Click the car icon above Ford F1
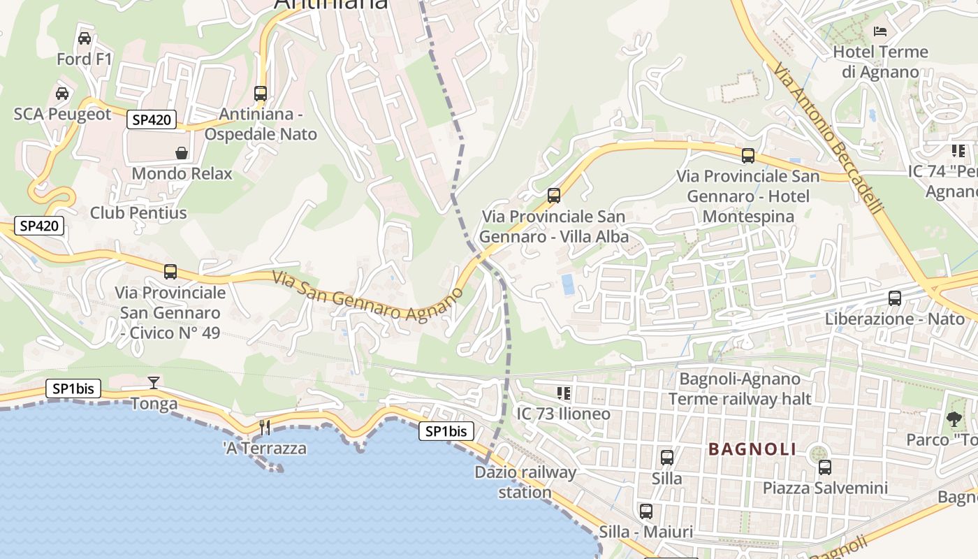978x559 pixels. (85, 38)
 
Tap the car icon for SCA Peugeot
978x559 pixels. (62, 93)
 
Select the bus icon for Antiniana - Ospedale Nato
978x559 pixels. (261, 93)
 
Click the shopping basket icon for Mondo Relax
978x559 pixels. (182, 152)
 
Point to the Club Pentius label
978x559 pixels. (138, 212)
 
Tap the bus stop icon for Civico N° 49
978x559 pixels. (170, 272)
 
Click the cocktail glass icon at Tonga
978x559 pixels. (154, 382)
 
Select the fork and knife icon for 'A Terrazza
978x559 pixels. (265, 427)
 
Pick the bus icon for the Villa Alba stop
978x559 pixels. (554, 196)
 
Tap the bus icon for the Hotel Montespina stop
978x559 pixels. (748, 155)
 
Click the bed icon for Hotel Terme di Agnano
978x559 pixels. (880, 31)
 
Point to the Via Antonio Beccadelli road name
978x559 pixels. (829, 136)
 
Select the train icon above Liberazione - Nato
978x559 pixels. (895, 298)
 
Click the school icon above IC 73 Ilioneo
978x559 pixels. (563, 393)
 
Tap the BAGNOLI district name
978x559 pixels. (752, 449)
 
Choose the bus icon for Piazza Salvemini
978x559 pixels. (825, 467)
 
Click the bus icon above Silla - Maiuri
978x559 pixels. (646, 511)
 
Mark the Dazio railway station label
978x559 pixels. (525, 482)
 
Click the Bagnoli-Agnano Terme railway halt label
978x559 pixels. (740, 389)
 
